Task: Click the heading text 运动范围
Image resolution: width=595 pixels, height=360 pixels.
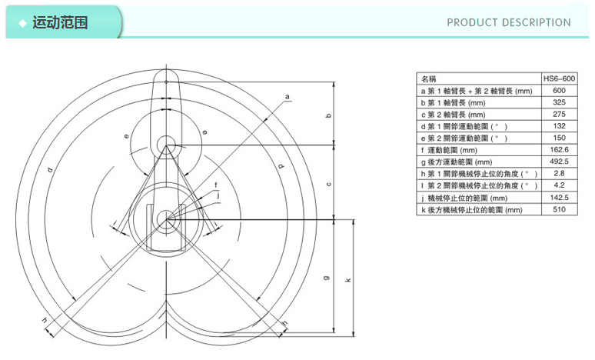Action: pos(60,22)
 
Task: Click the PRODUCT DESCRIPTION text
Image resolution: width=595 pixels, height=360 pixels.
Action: pos(508,22)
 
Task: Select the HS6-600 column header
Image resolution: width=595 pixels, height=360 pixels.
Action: pos(559,78)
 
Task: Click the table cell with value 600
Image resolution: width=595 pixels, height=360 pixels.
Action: pos(559,90)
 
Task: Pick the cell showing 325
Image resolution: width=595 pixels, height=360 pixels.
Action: pos(559,102)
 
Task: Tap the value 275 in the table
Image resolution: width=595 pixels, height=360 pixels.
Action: pos(559,114)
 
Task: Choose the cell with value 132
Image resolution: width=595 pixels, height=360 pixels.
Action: pos(559,125)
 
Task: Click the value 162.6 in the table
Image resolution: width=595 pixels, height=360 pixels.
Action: pos(559,150)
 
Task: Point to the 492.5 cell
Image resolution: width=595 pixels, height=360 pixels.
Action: pos(559,162)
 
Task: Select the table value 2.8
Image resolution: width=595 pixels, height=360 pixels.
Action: pos(559,173)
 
